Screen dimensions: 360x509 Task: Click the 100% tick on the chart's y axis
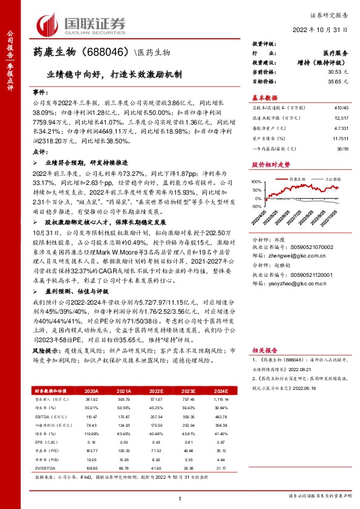tap(257, 181)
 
